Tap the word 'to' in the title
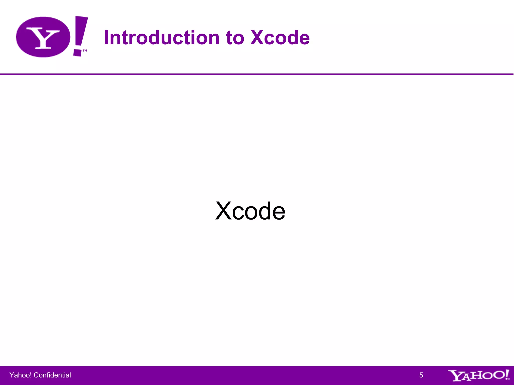pyautogui.click(x=235, y=38)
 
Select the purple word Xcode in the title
pyautogui.click(x=280, y=38)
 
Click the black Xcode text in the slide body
pyautogui.click(x=250, y=211)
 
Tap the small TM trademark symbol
pyautogui.click(x=85, y=51)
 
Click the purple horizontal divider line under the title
pyautogui.click(x=257, y=74)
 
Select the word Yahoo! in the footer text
pyautogui.click(x=21, y=375)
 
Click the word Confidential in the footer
pyautogui.click(x=52, y=375)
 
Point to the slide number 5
pyautogui.click(x=421, y=375)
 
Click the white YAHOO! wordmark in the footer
pyautogui.click(x=478, y=375)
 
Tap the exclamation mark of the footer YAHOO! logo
pyautogui.click(x=507, y=374)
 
